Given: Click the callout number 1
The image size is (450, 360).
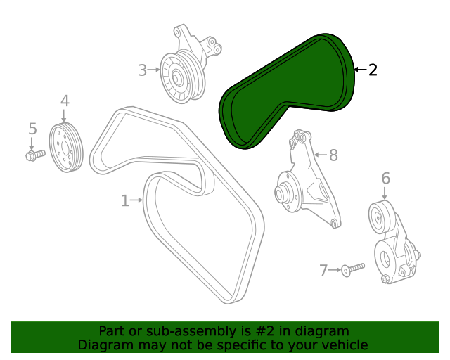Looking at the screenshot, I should click(125, 201).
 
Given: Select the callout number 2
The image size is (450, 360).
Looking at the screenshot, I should click(373, 70).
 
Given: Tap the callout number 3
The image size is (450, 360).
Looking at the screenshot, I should click(142, 70).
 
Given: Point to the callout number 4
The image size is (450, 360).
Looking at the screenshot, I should click(65, 101).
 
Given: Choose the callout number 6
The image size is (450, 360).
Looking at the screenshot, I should click(385, 179).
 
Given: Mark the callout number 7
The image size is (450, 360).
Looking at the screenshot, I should click(323, 270).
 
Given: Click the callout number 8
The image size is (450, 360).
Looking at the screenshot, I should click(333, 155).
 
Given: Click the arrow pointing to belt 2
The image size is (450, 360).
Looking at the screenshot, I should click(359, 70).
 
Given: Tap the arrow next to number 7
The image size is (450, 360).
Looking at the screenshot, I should click(335, 270).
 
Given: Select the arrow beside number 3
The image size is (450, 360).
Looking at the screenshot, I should click(154, 70).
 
